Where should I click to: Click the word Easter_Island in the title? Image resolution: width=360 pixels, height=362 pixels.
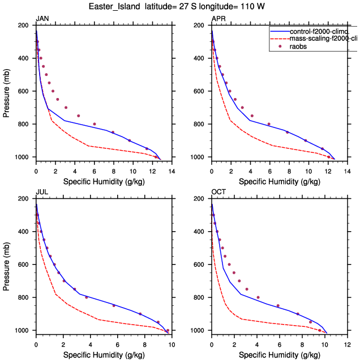point(114,7)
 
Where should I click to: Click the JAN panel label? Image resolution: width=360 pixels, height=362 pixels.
point(42,19)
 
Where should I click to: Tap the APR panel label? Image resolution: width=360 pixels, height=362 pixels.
point(218,19)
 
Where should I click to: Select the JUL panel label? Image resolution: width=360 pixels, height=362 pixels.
point(42,192)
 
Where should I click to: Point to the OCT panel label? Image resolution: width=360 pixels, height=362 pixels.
point(218,192)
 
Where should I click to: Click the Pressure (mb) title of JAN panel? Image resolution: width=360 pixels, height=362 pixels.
point(6,91)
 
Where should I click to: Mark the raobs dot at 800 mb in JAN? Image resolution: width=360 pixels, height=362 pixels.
point(95,124)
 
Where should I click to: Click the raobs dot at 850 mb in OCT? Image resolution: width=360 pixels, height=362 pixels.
point(278,306)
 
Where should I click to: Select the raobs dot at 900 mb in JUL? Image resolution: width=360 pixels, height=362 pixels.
point(140,314)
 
